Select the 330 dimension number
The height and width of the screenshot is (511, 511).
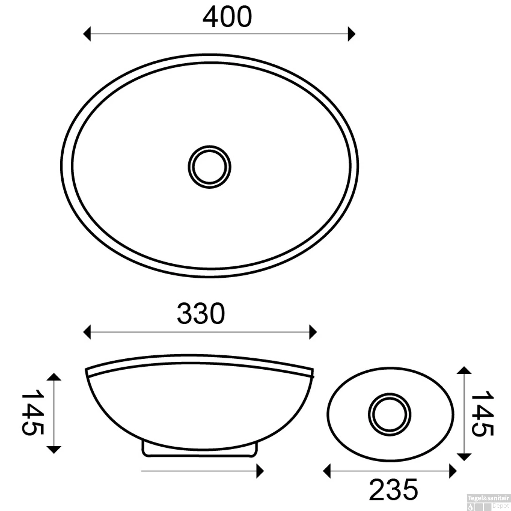tap(201, 313)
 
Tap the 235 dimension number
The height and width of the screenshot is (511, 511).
tap(393, 490)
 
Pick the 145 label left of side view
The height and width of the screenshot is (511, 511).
tap(33, 413)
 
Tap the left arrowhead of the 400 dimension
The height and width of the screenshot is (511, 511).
tap(87, 34)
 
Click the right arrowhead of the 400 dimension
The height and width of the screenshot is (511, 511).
tap(352, 34)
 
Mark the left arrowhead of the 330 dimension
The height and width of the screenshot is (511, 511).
tap(87, 332)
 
